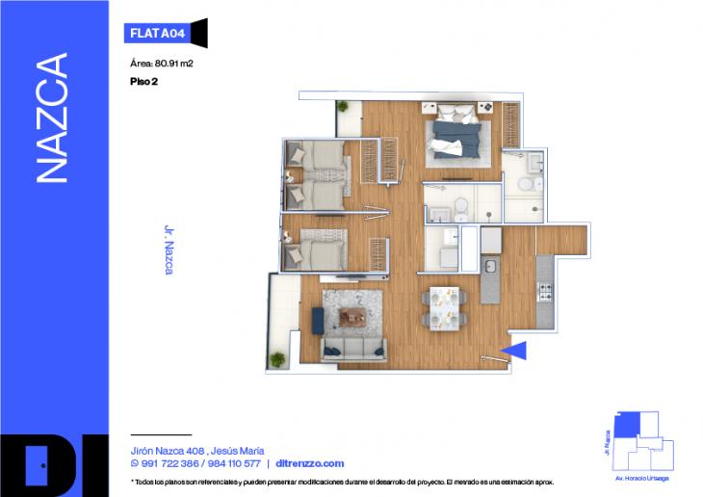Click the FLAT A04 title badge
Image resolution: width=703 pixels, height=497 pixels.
pos(157,33)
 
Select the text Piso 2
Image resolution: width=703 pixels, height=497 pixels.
pos(143,82)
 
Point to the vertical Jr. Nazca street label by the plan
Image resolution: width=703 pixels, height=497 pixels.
pos(169,250)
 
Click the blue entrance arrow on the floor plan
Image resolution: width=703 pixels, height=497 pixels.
pos(514,351)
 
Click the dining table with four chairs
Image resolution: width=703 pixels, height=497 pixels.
pos(444,305)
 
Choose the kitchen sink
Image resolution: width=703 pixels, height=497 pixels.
pos(489,264)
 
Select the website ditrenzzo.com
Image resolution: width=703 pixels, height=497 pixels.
pos(309,463)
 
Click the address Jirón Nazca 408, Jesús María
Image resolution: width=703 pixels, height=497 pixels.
pos(197,450)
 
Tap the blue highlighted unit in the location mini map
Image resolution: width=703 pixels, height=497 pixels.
pos(627,423)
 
